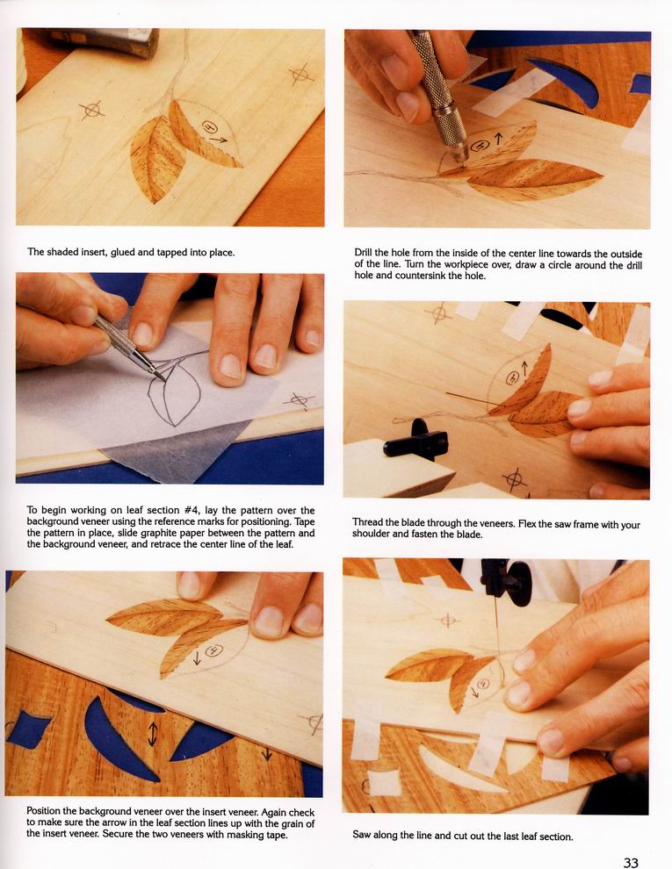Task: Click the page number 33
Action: tap(631, 862)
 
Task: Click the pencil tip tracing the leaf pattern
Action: tap(163, 378)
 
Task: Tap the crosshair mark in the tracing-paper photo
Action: tap(300, 399)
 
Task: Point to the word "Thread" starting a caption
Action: tap(367, 522)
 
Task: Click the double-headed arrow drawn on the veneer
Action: tap(153, 734)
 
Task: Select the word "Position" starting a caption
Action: tap(45, 811)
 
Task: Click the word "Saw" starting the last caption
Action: tap(362, 836)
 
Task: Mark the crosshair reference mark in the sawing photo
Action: tap(448, 621)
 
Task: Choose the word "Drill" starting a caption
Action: tap(365, 254)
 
